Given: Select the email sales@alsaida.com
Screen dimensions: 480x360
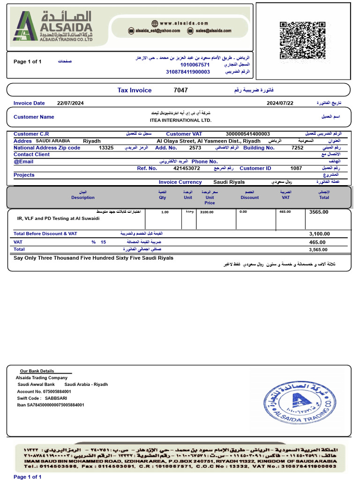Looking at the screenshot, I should (x=213, y=30).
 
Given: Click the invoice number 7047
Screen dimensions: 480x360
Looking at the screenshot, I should (x=180, y=90).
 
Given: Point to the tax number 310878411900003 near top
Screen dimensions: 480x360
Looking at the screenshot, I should (x=188, y=72).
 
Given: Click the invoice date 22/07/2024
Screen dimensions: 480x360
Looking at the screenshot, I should (x=70, y=103).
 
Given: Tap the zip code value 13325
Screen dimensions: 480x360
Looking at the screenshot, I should (x=106, y=148).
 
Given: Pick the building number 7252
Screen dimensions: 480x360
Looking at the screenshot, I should (x=297, y=148).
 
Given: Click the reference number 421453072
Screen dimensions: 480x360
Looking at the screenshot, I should (x=187, y=168).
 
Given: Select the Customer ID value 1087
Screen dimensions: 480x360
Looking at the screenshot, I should (x=296, y=168).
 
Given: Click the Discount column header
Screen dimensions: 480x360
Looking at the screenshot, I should (x=249, y=197).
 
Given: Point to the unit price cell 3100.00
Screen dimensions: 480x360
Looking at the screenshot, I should (x=207, y=212).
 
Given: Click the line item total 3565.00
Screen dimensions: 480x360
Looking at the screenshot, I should (x=319, y=212).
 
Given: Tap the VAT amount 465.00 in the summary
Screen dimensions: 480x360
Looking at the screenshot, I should (x=317, y=242).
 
